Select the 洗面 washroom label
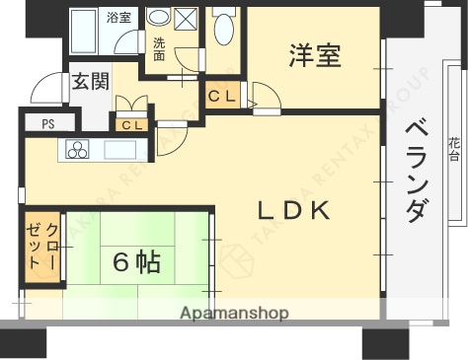[158, 48]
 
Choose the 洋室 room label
[315, 55]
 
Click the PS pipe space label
[47, 124]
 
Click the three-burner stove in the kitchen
[78, 150]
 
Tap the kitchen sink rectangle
[119, 150]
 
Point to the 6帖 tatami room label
[136, 262]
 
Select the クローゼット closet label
[43, 248]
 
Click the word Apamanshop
[235, 314]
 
